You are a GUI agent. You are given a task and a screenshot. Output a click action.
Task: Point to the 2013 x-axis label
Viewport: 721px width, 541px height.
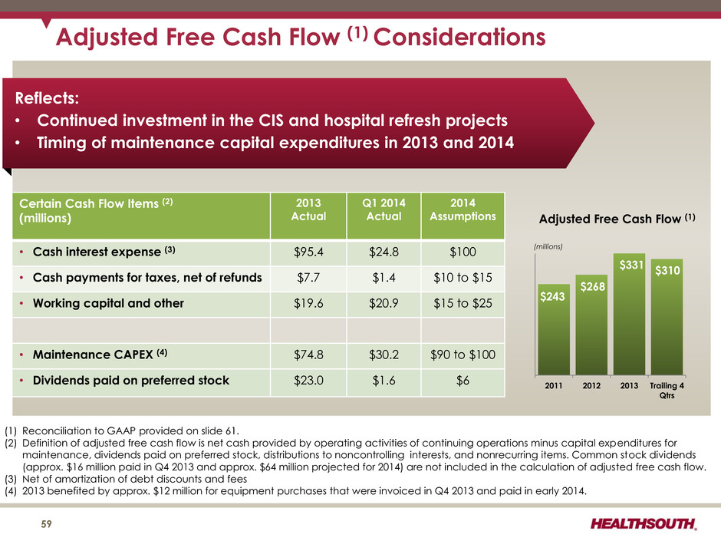[629, 385]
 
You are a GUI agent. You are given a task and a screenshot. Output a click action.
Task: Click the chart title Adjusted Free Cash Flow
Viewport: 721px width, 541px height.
[617, 218]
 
